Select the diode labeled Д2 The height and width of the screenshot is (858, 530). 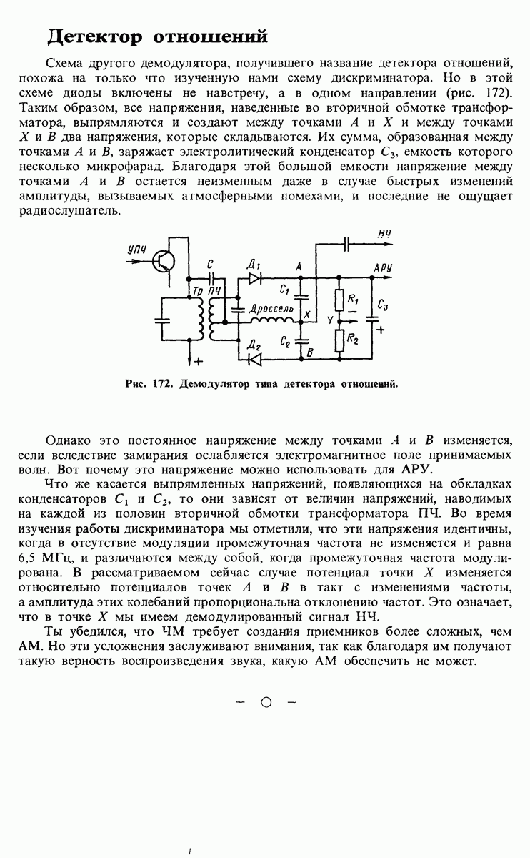click(x=254, y=355)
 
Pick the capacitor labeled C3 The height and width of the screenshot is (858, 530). click(x=372, y=315)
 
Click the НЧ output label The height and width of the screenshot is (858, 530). click(x=384, y=233)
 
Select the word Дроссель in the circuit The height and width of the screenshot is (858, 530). click(x=271, y=307)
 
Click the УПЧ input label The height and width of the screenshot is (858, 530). click(x=136, y=249)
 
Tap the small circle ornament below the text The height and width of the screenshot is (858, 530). click(x=266, y=702)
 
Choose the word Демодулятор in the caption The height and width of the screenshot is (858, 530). click(x=211, y=383)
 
